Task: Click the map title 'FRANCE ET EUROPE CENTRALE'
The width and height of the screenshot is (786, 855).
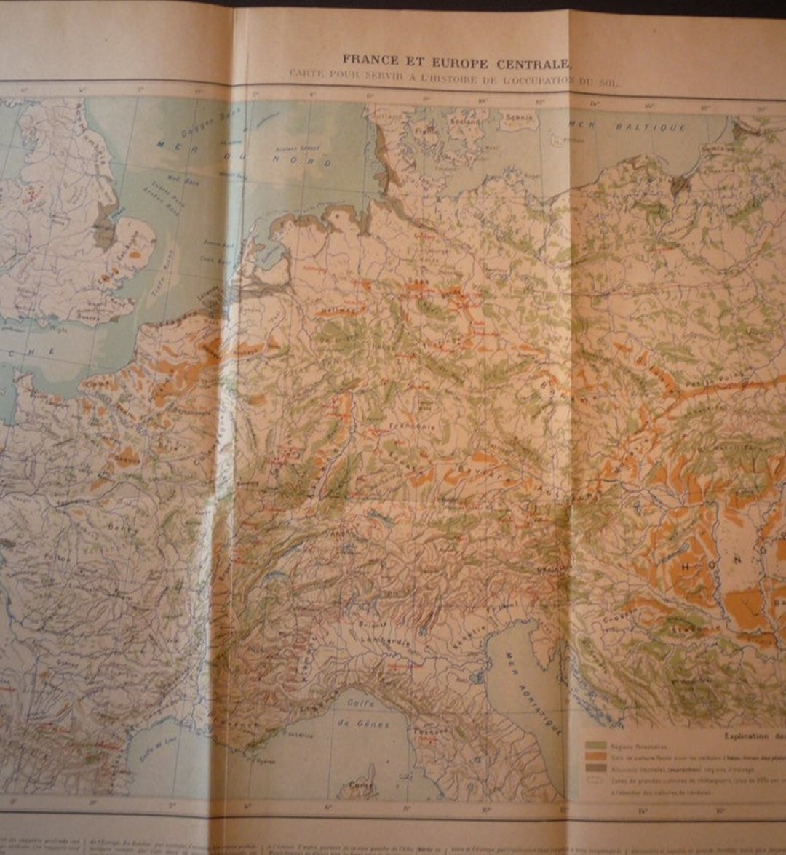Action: tap(456, 60)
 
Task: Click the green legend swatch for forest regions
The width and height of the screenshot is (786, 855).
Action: tap(596, 746)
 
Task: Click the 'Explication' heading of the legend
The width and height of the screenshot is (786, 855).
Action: tap(753, 736)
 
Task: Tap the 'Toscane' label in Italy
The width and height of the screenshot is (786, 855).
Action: tap(423, 731)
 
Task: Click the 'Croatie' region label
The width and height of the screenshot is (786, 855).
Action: tap(616, 622)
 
